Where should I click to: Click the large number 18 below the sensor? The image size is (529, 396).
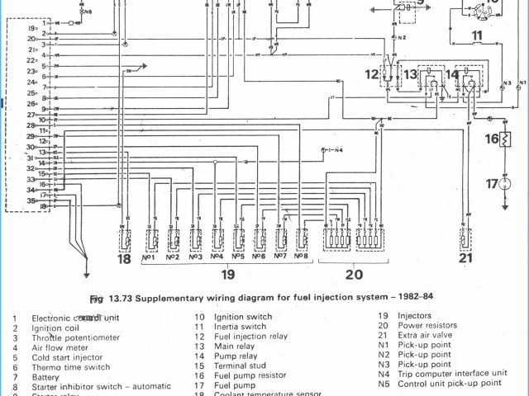tap(124, 259)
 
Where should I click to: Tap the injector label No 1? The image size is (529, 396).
tap(150, 257)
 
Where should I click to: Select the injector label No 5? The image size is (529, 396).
tap(238, 257)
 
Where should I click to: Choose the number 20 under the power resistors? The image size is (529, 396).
tap(355, 275)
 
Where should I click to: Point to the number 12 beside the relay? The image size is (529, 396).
tap(371, 75)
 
